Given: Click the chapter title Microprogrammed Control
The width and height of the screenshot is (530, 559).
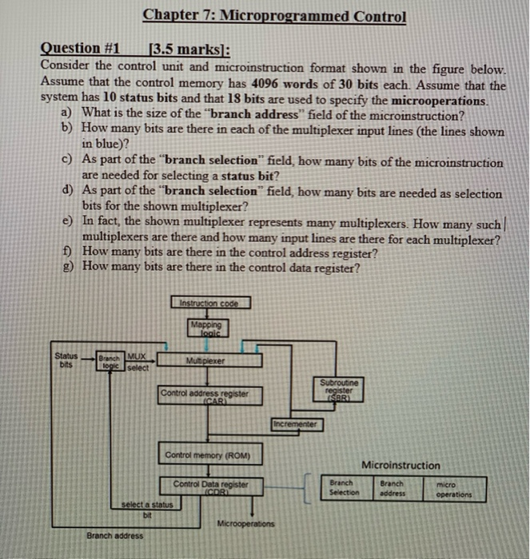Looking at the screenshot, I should pos(274,17).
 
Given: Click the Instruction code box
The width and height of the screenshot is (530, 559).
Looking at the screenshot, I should pos(210,303).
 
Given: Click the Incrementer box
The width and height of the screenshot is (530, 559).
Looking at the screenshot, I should pos(297,424).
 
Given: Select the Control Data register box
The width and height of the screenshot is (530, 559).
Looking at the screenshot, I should pos(211,486).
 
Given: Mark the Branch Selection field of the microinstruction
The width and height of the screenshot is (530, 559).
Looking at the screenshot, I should pos(344,487).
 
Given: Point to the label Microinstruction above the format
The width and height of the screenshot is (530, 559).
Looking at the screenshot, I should pos(400,465).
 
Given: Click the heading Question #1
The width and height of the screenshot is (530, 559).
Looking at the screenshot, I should pos(80,50).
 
